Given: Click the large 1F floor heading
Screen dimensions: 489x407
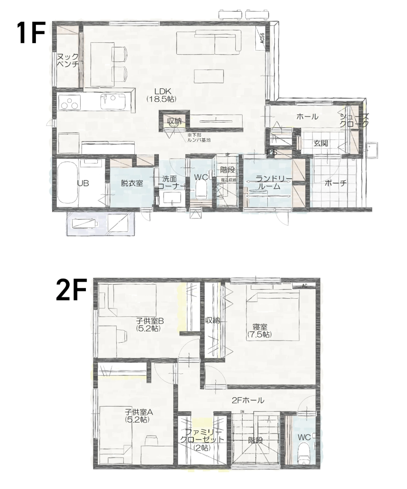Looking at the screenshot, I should pos(31,33).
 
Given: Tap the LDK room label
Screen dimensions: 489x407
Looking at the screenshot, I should pos(161,94).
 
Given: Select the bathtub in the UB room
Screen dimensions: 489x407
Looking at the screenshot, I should pos(67,183).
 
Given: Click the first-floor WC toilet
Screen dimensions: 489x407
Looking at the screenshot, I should pos(200,188).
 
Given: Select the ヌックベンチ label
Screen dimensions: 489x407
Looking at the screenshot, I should pos(67,60).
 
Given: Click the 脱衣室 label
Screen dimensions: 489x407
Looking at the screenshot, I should pos(132,183).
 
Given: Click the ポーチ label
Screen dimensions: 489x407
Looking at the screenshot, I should pos(335,183).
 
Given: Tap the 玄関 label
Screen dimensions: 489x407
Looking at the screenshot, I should pos(321,143).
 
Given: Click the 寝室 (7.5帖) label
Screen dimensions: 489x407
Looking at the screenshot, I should pos(259,331).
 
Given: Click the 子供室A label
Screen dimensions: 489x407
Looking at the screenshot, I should pos(137,416).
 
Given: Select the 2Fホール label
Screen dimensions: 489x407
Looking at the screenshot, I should pos(248,400).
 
